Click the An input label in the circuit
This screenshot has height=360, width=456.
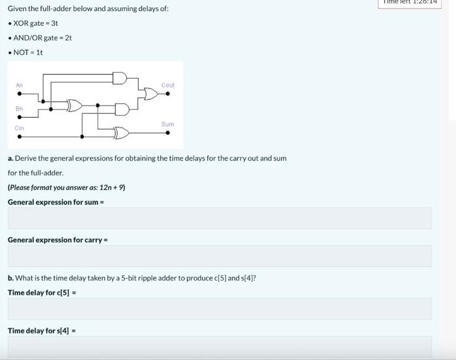[19, 85]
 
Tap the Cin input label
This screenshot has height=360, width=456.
[19, 128]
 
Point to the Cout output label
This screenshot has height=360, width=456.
[167, 85]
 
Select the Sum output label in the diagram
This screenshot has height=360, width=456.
[167, 124]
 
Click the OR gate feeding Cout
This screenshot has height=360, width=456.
[150, 94]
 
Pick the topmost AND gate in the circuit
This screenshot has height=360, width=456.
[120, 78]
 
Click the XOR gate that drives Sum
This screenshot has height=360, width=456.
[121, 133]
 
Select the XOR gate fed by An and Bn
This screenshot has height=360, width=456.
[75, 105]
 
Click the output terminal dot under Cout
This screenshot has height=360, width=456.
[168, 94]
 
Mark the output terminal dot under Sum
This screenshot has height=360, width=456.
[168, 133]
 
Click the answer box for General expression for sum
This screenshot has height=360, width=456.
[220, 218]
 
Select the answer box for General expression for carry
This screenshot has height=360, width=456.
[220, 256]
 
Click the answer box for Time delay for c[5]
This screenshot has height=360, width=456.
[220, 309]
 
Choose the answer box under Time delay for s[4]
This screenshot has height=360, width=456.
[220, 347]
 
